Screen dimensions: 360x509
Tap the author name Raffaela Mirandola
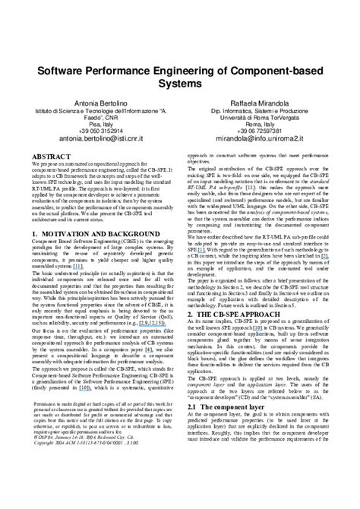tap(264, 101)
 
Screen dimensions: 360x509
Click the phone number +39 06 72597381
tap(264, 130)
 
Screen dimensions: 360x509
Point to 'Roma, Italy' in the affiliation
tap(264, 122)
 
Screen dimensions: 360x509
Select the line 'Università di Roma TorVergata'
tap(264, 115)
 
